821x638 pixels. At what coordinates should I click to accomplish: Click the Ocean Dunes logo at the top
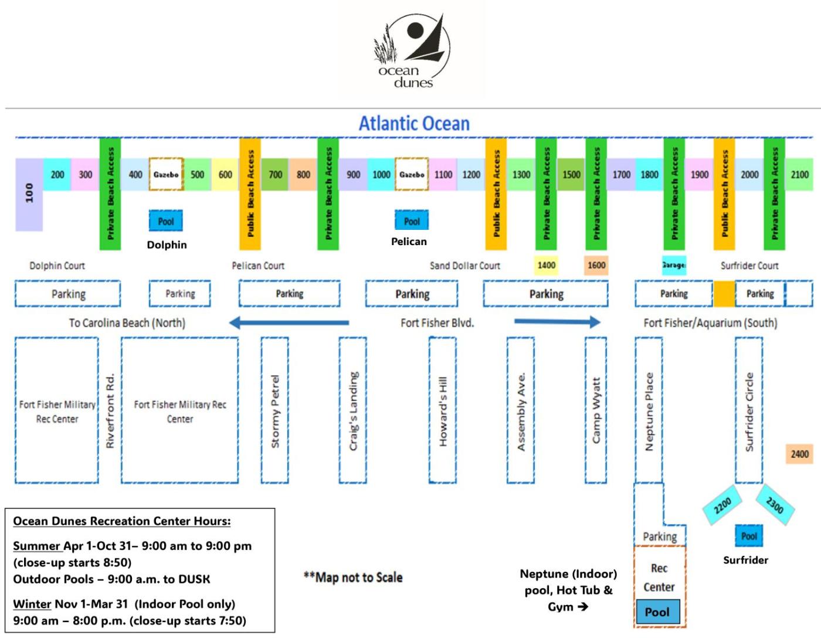click(412, 53)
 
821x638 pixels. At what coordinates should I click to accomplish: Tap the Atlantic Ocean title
click(414, 124)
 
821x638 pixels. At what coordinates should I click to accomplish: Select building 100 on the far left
click(29, 194)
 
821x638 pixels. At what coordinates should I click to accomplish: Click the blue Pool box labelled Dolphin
click(166, 221)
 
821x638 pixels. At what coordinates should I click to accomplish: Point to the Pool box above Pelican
click(412, 221)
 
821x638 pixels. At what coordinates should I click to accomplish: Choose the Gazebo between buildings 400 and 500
click(166, 174)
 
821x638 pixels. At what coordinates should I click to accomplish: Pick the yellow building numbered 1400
click(547, 265)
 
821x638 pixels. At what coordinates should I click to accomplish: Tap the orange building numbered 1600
click(596, 265)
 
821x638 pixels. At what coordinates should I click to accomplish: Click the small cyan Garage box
click(674, 265)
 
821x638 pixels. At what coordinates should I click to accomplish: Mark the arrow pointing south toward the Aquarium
click(557, 321)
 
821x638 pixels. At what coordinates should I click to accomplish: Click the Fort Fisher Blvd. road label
click(437, 323)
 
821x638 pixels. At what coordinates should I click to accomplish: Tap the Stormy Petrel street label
click(275, 411)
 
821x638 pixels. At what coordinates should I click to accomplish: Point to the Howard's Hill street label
click(443, 411)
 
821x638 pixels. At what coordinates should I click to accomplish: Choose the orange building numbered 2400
click(799, 454)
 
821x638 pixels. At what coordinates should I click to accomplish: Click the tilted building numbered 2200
click(722, 505)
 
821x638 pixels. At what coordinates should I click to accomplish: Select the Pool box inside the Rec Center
click(657, 612)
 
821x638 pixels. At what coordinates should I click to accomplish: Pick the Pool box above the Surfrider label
click(749, 536)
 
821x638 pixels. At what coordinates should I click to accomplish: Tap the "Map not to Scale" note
click(353, 578)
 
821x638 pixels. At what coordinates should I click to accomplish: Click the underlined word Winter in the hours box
click(32, 604)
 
